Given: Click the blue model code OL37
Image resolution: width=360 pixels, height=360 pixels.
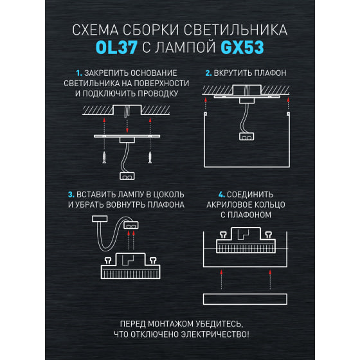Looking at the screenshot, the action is pyautogui.click(x=116, y=48).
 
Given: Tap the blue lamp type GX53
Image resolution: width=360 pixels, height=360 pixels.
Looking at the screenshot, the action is pyautogui.click(x=242, y=48).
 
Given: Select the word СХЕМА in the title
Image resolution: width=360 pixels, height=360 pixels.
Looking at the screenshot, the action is pyautogui.click(x=95, y=30).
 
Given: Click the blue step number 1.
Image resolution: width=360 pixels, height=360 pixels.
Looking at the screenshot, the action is pyautogui.click(x=79, y=73).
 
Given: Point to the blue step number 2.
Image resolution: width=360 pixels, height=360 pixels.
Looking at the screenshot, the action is pyautogui.click(x=208, y=73).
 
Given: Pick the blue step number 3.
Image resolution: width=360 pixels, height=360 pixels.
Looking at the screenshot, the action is pyautogui.click(x=71, y=195).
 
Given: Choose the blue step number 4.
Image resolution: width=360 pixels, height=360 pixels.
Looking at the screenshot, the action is pyautogui.click(x=222, y=195).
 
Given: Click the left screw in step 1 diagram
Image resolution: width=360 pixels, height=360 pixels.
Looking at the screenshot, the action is pyautogui.click(x=104, y=157).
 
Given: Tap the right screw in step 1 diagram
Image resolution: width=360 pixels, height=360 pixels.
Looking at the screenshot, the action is pyautogui.click(x=150, y=157).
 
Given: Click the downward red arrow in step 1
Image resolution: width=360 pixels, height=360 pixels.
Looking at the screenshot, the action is pyautogui.click(x=127, y=125).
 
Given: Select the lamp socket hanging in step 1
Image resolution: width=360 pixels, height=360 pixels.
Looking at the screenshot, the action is pyautogui.click(x=127, y=176).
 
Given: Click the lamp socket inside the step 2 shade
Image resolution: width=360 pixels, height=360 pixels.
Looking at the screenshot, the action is pyautogui.click(x=247, y=136).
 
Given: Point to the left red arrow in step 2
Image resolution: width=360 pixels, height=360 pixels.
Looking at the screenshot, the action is pyautogui.click(x=206, y=104).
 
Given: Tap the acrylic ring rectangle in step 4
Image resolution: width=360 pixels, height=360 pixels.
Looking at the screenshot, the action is pyautogui.click(x=245, y=299).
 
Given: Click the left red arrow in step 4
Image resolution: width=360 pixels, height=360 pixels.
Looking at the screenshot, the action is pyautogui.click(x=221, y=280).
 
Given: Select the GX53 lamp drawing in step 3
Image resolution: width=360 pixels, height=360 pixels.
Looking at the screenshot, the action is pyautogui.click(x=130, y=266).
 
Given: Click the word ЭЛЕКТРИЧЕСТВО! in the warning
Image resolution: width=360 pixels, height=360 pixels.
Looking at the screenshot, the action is pyautogui.click(x=215, y=334).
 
